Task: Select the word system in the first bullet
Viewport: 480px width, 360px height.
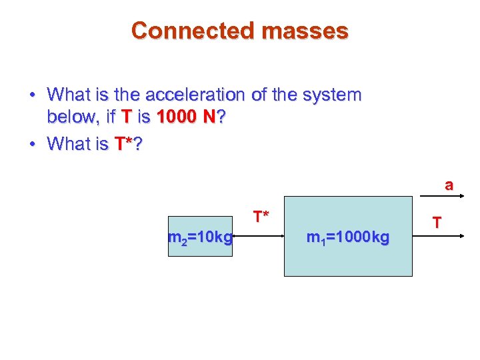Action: point(330,95)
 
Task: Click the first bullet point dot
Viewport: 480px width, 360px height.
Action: point(32,95)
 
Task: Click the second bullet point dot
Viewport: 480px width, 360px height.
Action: point(32,144)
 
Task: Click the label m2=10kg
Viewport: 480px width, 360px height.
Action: point(200,237)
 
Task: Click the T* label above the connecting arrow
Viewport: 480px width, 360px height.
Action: point(261,216)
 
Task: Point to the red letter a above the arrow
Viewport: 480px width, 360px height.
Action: point(449,185)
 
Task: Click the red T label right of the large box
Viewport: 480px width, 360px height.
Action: point(437,222)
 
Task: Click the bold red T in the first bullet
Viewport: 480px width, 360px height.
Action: point(128,118)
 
